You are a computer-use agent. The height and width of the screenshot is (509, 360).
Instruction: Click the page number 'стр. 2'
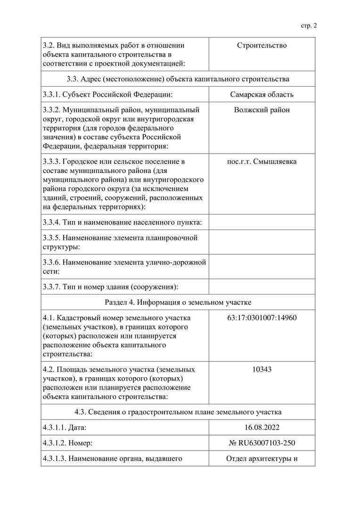(309, 25)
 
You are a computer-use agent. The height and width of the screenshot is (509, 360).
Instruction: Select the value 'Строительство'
(262, 46)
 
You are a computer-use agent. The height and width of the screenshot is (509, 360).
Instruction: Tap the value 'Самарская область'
(262, 94)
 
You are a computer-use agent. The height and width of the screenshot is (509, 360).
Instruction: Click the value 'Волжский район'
(262, 110)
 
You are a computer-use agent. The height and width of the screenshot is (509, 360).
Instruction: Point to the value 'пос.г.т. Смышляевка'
(262, 162)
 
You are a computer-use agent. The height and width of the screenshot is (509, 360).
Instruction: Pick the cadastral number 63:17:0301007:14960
(262, 318)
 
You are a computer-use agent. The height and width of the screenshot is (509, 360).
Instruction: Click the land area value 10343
(262, 369)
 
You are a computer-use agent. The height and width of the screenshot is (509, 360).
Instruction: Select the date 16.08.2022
(262, 427)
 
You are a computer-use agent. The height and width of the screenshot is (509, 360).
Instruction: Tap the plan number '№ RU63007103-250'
(262, 443)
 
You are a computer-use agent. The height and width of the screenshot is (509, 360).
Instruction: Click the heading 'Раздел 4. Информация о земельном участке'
(178, 302)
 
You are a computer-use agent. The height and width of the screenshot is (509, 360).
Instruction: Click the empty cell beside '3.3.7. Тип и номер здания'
(262, 287)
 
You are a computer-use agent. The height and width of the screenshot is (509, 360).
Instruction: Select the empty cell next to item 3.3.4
(262, 222)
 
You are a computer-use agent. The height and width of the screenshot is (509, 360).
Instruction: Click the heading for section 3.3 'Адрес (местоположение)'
(178, 79)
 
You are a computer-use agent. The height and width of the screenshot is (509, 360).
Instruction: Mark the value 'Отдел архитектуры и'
(262, 459)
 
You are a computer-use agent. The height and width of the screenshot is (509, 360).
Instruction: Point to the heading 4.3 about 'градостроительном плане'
(178, 412)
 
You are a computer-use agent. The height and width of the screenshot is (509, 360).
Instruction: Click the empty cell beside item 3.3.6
(262, 267)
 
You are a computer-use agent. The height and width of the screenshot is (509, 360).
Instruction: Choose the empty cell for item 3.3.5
(262, 242)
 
